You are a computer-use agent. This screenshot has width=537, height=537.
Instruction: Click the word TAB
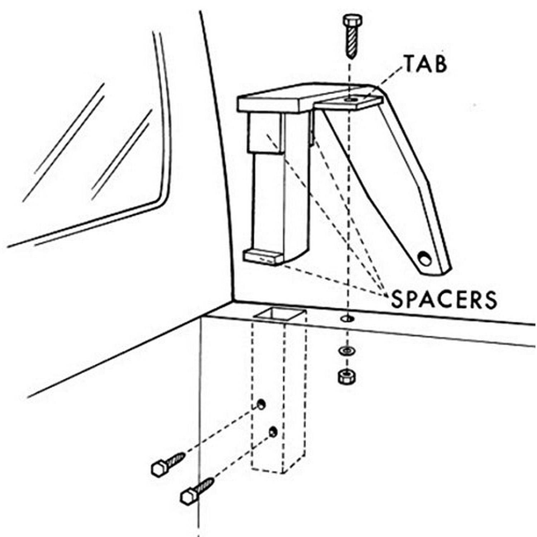click(425, 64)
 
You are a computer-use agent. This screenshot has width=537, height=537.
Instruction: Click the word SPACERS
click(444, 300)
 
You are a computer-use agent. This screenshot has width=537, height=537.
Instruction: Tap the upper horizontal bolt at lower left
click(168, 464)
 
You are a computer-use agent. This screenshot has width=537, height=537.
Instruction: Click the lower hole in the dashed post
click(273, 432)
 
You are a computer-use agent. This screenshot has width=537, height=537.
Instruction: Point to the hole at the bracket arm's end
click(425, 258)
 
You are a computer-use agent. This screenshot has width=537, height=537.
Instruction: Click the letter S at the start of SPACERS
click(398, 300)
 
